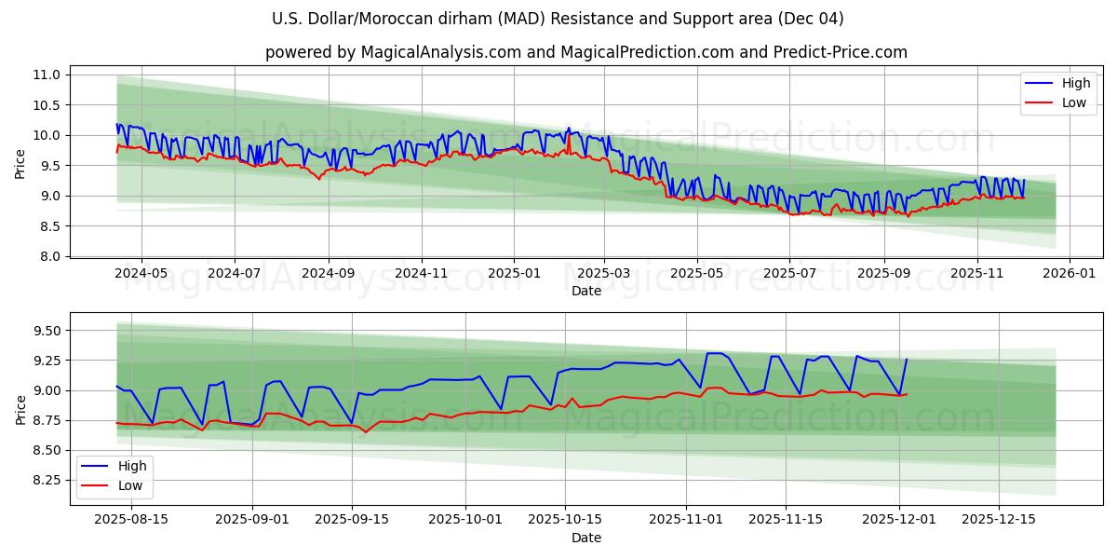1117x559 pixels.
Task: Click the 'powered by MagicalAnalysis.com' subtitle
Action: pyautogui.click(x=585, y=52)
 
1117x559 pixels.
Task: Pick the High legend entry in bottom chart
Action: pyautogui.click(x=131, y=466)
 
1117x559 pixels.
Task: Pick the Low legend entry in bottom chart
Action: pyautogui.click(x=130, y=484)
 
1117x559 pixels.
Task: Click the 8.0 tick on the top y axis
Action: pyautogui.click(x=52, y=256)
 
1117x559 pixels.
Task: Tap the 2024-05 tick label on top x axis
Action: pyautogui.click(x=141, y=273)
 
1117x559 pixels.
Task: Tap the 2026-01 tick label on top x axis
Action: pyautogui.click(x=1069, y=273)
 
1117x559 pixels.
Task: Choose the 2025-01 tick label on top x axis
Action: pyautogui.click(x=514, y=273)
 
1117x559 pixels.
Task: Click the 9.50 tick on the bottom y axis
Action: pyautogui.click(x=46, y=331)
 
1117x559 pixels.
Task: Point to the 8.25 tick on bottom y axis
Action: pyautogui.click(x=46, y=480)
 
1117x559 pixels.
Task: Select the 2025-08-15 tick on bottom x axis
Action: pyautogui.click(x=130, y=520)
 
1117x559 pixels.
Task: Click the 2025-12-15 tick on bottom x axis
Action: pyautogui.click(x=998, y=520)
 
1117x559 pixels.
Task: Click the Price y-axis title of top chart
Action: pyautogui.click(x=20, y=164)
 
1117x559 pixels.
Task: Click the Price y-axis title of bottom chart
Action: pyautogui.click(x=20, y=409)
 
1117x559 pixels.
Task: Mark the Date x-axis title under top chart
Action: pyautogui.click(x=585, y=291)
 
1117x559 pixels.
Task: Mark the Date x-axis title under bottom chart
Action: pyautogui.click(x=585, y=538)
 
